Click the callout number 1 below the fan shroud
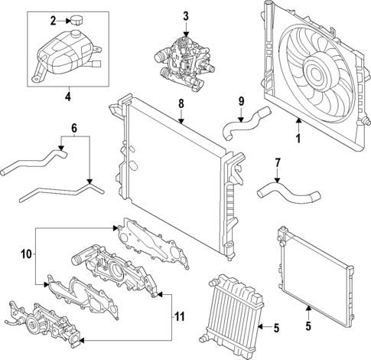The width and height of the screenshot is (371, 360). [x=299, y=139]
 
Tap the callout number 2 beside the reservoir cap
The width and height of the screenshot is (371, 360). [x=54, y=20]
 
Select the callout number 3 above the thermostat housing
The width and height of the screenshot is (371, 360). [x=185, y=16]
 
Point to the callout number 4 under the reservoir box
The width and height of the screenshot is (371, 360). [x=67, y=97]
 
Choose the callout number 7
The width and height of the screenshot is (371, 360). [x=278, y=162]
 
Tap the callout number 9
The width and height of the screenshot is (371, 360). [x=240, y=100]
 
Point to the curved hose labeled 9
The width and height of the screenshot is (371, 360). [x=242, y=121]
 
